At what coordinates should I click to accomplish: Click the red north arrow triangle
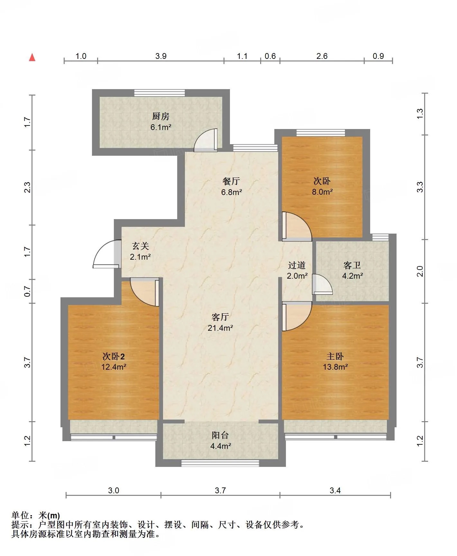(x=32, y=57)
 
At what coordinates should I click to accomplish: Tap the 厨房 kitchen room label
(x=161, y=116)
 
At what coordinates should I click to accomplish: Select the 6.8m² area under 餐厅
(x=232, y=192)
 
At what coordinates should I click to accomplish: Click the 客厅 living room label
(x=220, y=317)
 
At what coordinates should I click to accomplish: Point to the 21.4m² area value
(x=220, y=328)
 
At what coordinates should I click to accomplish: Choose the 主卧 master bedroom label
(x=335, y=356)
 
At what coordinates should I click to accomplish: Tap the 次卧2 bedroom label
(x=114, y=356)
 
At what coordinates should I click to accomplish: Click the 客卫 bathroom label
(x=352, y=265)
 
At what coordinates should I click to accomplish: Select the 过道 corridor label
(x=297, y=265)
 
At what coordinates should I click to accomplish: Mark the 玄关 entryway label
(x=141, y=246)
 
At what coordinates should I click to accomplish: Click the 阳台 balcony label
(x=220, y=435)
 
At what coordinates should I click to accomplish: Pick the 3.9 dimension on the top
(x=161, y=56)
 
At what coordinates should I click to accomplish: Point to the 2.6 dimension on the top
(x=322, y=56)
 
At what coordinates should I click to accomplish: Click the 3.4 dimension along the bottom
(x=335, y=490)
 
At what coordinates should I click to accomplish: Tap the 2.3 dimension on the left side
(x=28, y=187)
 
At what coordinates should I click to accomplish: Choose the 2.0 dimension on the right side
(x=420, y=271)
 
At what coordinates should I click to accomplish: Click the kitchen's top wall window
(x=160, y=93)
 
